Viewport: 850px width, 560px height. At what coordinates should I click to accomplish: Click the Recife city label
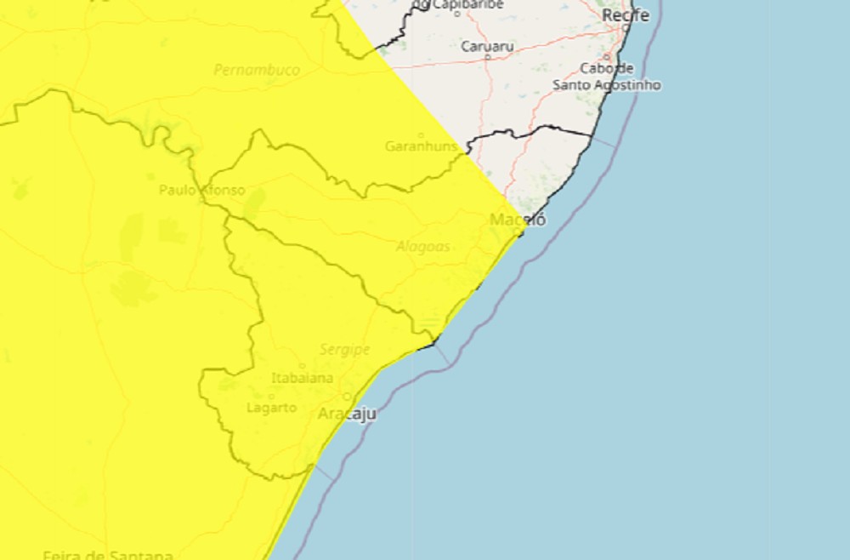pyautogui.click(x=625, y=15)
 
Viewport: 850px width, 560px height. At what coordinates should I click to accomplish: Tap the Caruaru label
pyautogui.click(x=487, y=46)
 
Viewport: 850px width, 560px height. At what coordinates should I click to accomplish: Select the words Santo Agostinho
pyautogui.click(x=606, y=85)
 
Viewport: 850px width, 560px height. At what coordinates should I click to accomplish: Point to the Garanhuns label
pyautogui.click(x=421, y=146)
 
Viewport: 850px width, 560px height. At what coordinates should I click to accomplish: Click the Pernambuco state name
pyautogui.click(x=257, y=70)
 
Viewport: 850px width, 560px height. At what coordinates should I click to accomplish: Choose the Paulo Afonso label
pyautogui.click(x=201, y=190)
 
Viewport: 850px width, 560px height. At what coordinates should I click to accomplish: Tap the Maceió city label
pyautogui.click(x=518, y=220)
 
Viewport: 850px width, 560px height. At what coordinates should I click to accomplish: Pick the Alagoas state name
pyautogui.click(x=422, y=247)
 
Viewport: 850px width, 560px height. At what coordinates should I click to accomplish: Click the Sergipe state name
pyautogui.click(x=344, y=349)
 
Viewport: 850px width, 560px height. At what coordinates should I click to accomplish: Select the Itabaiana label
pyautogui.click(x=302, y=378)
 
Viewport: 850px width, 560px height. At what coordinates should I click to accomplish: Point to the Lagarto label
pyautogui.click(x=271, y=408)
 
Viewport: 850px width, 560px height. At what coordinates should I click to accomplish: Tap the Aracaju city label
pyautogui.click(x=346, y=414)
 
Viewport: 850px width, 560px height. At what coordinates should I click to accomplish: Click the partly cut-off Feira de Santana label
pyautogui.click(x=108, y=555)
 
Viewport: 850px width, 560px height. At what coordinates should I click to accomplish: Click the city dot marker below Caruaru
pyautogui.click(x=487, y=58)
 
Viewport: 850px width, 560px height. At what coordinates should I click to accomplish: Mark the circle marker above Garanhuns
pyautogui.click(x=421, y=134)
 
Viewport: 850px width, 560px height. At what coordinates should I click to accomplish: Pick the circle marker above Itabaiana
pyautogui.click(x=302, y=367)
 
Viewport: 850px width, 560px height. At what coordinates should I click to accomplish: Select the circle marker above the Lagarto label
pyautogui.click(x=271, y=397)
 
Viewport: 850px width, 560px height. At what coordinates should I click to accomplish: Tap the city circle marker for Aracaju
pyautogui.click(x=346, y=397)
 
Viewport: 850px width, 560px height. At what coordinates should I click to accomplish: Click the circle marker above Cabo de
pyautogui.click(x=607, y=57)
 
